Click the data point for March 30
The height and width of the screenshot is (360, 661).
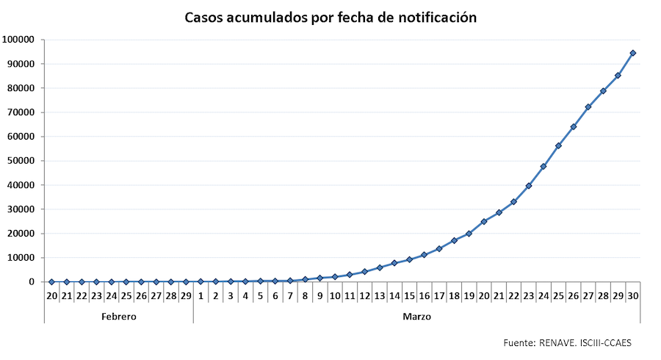point(632,53)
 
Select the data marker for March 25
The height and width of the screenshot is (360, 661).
point(558,145)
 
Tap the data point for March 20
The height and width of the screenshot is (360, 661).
point(484,221)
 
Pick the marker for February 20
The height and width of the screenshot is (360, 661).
point(51,281)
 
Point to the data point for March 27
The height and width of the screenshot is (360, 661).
point(588,107)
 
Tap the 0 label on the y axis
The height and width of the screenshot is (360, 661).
point(31,282)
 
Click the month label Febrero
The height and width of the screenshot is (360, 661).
point(118,317)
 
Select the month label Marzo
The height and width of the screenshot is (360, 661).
point(416,317)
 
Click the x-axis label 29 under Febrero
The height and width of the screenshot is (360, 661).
point(186,296)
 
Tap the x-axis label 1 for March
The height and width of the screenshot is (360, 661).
point(201,296)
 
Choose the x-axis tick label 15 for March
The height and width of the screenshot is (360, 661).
point(409,296)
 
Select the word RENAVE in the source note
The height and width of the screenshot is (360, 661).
point(560,343)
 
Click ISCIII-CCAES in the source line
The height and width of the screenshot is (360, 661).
point(607,343)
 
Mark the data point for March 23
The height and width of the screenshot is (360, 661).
point(529,186)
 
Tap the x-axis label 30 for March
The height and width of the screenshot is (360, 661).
point(632,296)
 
